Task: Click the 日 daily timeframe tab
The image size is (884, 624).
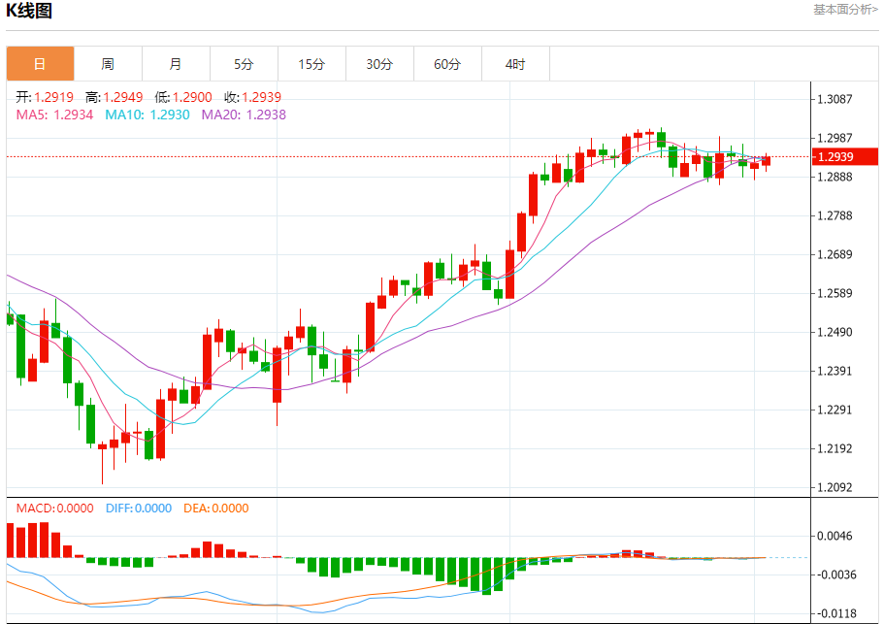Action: click(x=40, y=64)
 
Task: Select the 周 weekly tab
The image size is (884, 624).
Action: click(x=108, y=64)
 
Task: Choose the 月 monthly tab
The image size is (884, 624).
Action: click(x=176, y=64)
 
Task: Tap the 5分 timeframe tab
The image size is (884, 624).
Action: click(x=244, y=64)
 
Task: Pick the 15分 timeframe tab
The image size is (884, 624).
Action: click(x=311, y=64)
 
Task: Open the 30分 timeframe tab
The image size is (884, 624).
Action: click(x=379, y=64)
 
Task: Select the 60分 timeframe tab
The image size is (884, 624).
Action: click(x=447, y=64)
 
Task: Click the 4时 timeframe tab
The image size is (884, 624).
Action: click(x=515, y=64)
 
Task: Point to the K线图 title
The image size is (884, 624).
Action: click(x=30, y=12)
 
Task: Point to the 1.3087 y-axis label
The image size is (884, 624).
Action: click(x=835, y=99)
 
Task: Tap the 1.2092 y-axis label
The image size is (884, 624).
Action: click(x=835, y=487)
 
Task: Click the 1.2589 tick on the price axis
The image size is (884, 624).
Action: click(x=835, y=293)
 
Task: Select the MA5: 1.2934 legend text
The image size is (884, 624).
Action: click(x=55, y=115)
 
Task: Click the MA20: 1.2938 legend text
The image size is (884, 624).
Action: click(x=244, y=115)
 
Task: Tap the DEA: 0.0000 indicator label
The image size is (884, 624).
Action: click(x=214, y=508)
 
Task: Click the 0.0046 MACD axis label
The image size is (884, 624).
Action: click(x=835, y=536)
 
